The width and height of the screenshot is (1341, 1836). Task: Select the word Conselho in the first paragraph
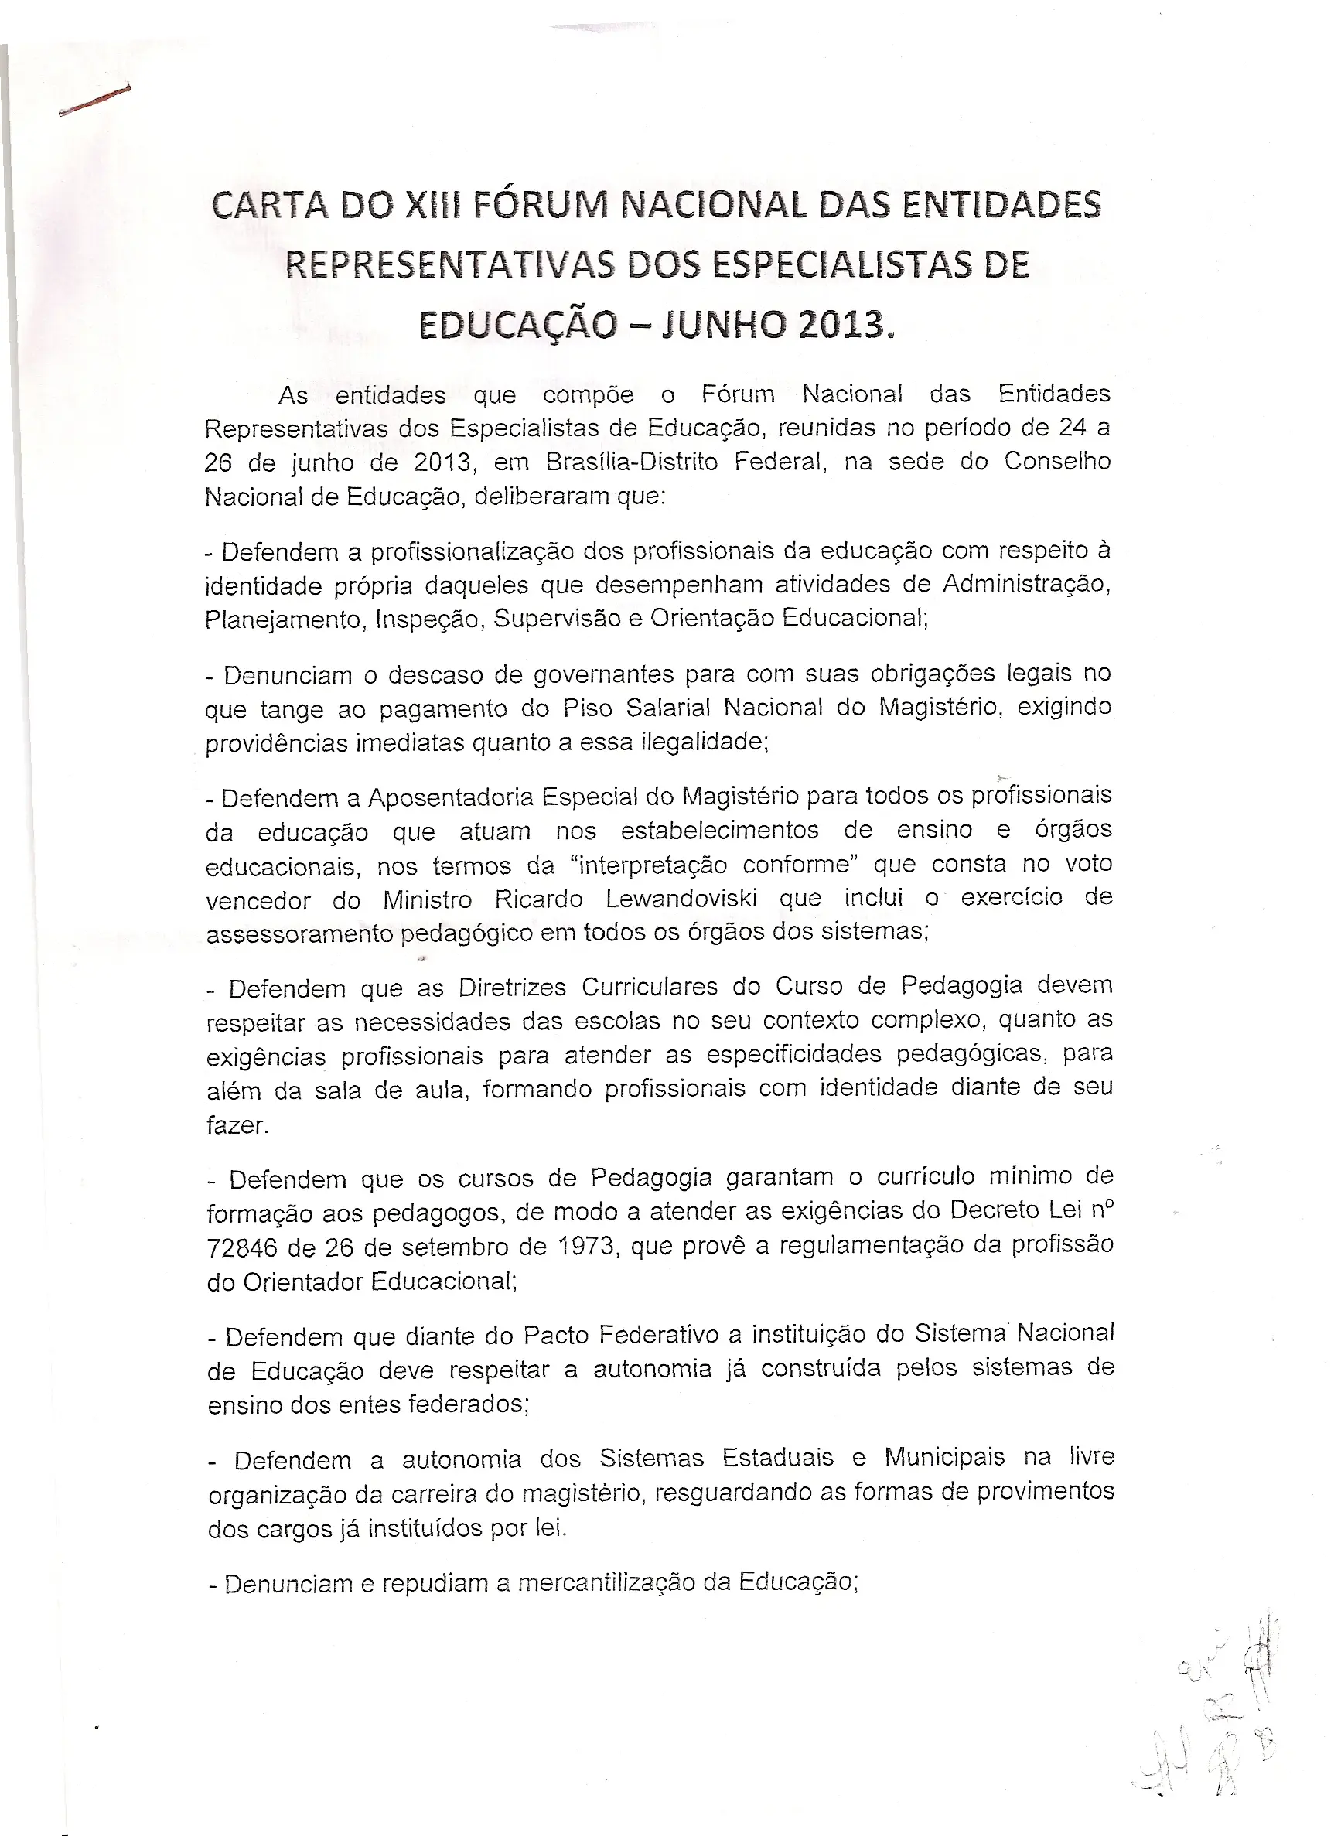(1057, 461)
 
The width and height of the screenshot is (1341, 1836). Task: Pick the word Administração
(1026, 585)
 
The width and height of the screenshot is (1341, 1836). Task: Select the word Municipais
(943, 1458)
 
